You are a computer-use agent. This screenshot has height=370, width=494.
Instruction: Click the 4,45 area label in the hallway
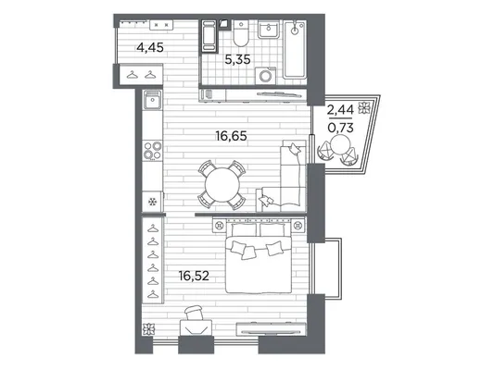pyautogui.click(x=150, y=48)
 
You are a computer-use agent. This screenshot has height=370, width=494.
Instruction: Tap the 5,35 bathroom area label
pyautogui.click(x=237, y=59)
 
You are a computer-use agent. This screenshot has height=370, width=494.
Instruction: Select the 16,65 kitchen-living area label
pyautogui.click(x=232, y=136)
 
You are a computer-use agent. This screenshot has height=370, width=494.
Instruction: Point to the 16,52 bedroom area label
pyautogui.click(x=194, y=276)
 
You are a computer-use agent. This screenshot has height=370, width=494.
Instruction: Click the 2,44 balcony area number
pyautogui.click(x=340, y=110)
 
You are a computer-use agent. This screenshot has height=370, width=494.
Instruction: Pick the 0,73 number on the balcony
pyautogui.click(x=340, y=128)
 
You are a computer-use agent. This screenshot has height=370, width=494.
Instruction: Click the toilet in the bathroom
pyautogui.click(x=241, y=33)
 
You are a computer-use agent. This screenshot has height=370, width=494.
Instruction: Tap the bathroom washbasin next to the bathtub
pyautogui.click(x=269, y=29)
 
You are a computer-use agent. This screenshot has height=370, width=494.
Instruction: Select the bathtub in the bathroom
pyautogui.click(x=295, y=49)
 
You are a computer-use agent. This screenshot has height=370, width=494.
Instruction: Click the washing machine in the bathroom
pyautogui.click(x=265, y=76)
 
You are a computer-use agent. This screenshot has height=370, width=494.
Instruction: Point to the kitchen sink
pyautogui.click(x=153, y=99)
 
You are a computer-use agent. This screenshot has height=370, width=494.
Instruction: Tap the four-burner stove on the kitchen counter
pyautogui.click(x=153, y=150)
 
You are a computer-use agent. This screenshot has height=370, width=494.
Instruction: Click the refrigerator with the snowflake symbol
pyautogui.click(x=153, y=202)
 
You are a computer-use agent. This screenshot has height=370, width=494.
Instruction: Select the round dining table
pyautogui.click(x=222, y=185)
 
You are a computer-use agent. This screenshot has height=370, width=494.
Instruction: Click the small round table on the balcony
pyautogui.click(x=341, y=143)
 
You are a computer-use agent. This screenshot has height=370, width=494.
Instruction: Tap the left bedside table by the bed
pyautogui.click(x=220, y=225)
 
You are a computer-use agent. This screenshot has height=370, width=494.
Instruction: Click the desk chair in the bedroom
pyautogui.click(x=193, y=313)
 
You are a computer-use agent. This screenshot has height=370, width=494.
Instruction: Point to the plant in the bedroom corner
pyautogui.click(x=147, y=329)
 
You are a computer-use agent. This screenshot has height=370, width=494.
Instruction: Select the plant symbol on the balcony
pyautogui.click(x=363, y=107)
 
